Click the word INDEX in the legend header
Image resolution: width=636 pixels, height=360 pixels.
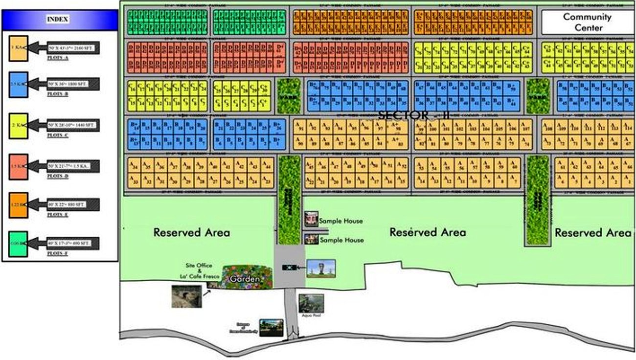coord(58,20)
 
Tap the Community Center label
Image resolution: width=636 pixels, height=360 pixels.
coord(587,22)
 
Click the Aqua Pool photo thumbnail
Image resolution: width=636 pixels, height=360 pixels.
coord(311,303)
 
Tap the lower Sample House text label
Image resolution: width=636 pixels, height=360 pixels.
coord(341,240)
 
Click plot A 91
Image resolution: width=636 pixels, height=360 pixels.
coord(300,128)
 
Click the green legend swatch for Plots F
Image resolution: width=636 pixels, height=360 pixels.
coord(18,243)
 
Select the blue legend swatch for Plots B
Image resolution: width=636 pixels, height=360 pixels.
coord(18,84)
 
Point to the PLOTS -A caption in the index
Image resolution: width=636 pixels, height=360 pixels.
coord(59,57)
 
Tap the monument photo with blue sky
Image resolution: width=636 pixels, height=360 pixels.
coord(321,268)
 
